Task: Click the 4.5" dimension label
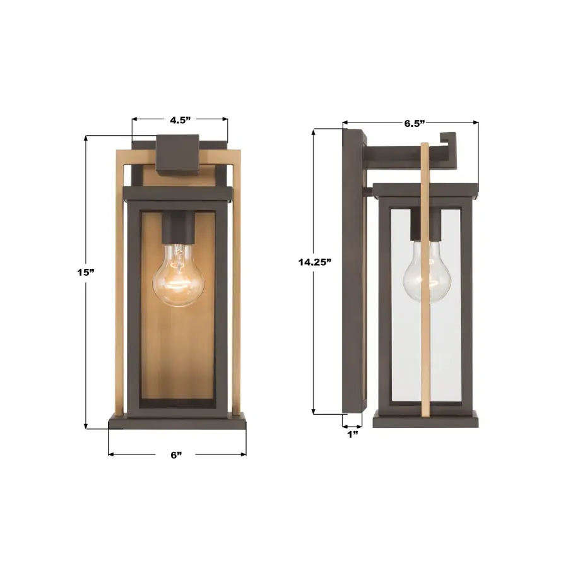[180, 120]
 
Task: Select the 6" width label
[177, 454]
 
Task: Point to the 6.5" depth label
[414, 123]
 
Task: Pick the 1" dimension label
[352, 434]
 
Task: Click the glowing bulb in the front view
[178, 278]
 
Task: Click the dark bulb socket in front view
[178, 228]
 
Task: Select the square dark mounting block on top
[177, 155]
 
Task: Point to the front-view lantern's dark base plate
[177, 422]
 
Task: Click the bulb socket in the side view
[419, 225]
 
